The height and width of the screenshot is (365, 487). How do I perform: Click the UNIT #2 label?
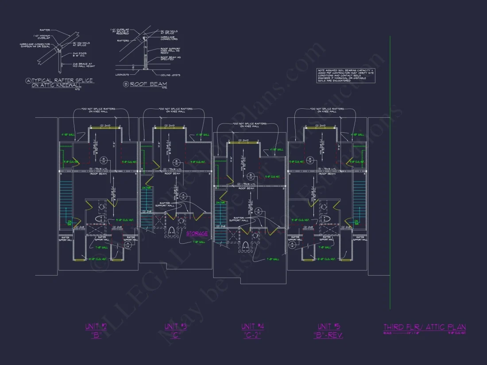click(x=96, y=327)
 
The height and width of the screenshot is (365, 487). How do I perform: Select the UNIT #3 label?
click(x=175, y=327)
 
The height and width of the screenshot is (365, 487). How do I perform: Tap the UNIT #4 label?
click(x=253, y=327)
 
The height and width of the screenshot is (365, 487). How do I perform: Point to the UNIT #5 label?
click(x=328, y=327)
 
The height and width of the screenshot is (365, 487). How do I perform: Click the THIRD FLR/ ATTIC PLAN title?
click(x=424, y=327)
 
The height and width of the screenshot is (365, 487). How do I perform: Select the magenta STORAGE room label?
click(x=197, y=234)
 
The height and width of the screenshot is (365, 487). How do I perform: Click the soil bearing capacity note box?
click(x=346, y=75)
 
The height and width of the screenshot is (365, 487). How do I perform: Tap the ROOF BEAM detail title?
click(x=142, y=83)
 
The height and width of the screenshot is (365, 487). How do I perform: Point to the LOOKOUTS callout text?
click(x=123, y=75)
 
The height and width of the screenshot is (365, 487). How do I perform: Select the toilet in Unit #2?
click(x=99, y=218)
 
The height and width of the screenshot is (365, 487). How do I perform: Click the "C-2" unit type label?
click(x=253, y=335)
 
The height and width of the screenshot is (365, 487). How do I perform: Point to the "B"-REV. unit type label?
click(x=328, y=335)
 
